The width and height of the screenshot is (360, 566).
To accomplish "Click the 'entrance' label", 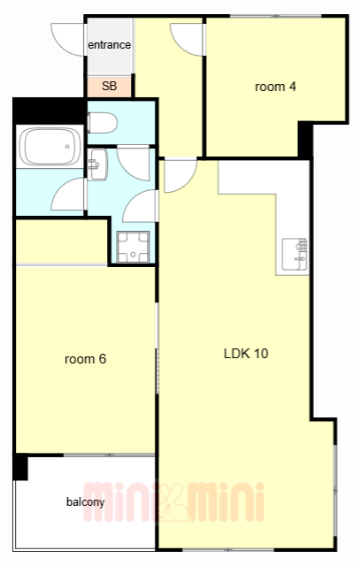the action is [109, 45].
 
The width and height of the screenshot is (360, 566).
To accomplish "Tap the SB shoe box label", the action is [109, 87].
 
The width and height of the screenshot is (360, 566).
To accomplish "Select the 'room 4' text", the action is [275, 87].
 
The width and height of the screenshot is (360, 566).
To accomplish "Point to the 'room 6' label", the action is [85, 359].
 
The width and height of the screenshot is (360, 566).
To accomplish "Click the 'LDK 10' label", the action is [246, 354].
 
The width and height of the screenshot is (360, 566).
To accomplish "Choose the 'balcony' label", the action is [85, 501].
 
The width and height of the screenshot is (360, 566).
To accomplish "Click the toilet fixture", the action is [102, 123].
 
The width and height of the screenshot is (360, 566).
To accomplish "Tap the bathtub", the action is [50, 147].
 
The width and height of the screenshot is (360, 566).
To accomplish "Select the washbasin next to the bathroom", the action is [97, 164].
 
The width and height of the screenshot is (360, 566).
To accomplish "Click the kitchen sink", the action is [295, 254].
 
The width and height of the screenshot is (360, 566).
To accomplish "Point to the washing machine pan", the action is [133, 247].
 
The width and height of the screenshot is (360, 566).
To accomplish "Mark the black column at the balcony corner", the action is [20, 467].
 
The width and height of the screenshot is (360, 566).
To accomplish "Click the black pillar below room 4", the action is [305, 140].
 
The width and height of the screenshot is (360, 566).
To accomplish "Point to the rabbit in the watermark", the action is [172, 502].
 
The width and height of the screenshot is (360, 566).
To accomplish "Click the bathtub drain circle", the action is [67, 147].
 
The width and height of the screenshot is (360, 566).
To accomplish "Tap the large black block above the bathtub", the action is [50, 111].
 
